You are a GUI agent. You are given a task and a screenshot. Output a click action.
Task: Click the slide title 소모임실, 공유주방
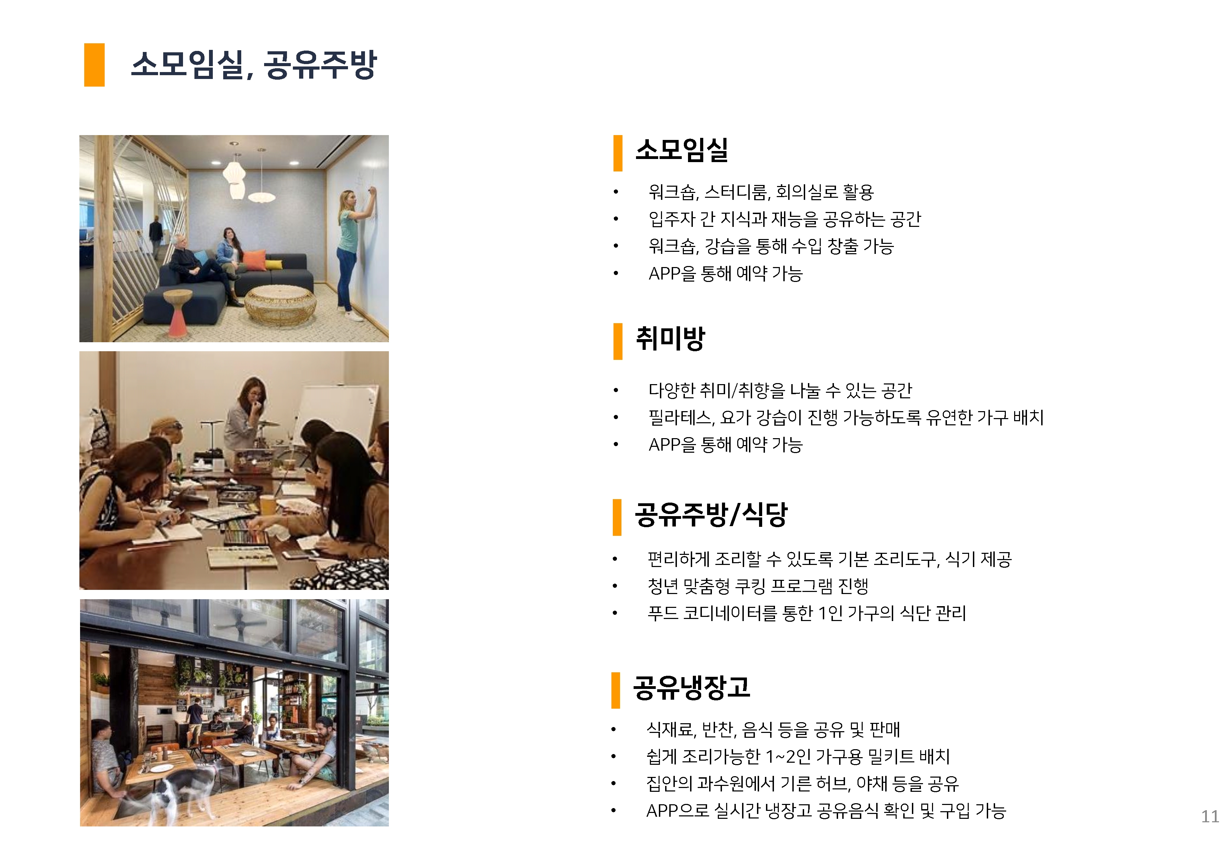tap(254, 65)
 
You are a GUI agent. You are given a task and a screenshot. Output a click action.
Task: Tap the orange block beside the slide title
tap(94, 65)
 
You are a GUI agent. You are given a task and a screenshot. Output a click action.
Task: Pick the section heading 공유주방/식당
tap(711, 514)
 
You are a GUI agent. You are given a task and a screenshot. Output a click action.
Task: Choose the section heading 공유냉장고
tap(691, 687)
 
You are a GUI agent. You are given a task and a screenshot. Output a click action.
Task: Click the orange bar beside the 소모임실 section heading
tap(618, 153)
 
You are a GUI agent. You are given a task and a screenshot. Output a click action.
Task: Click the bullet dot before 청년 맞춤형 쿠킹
tap(615, 586)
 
